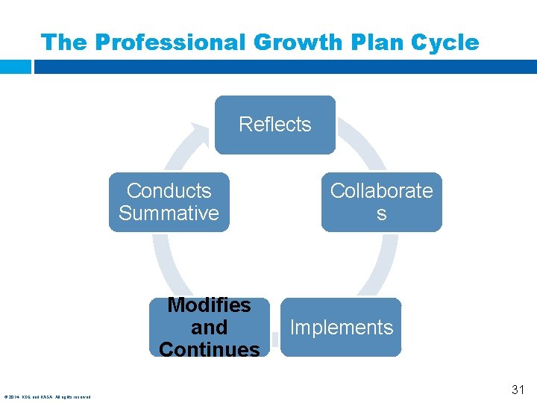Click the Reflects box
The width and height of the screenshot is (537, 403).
274,124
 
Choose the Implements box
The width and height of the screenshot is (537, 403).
341,327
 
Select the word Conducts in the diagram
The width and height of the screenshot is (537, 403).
169,191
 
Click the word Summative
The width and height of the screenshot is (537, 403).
169,213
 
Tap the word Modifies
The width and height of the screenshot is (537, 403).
209,305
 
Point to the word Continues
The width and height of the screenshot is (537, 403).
209,349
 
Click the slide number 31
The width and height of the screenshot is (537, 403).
518,389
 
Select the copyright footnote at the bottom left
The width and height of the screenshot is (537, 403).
48,396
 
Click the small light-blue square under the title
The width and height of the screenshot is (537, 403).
15,66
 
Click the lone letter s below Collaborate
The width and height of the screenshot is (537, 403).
381,214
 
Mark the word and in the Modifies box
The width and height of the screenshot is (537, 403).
209,328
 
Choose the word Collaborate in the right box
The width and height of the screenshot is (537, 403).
381,191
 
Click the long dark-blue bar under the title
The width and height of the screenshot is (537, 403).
283,66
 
